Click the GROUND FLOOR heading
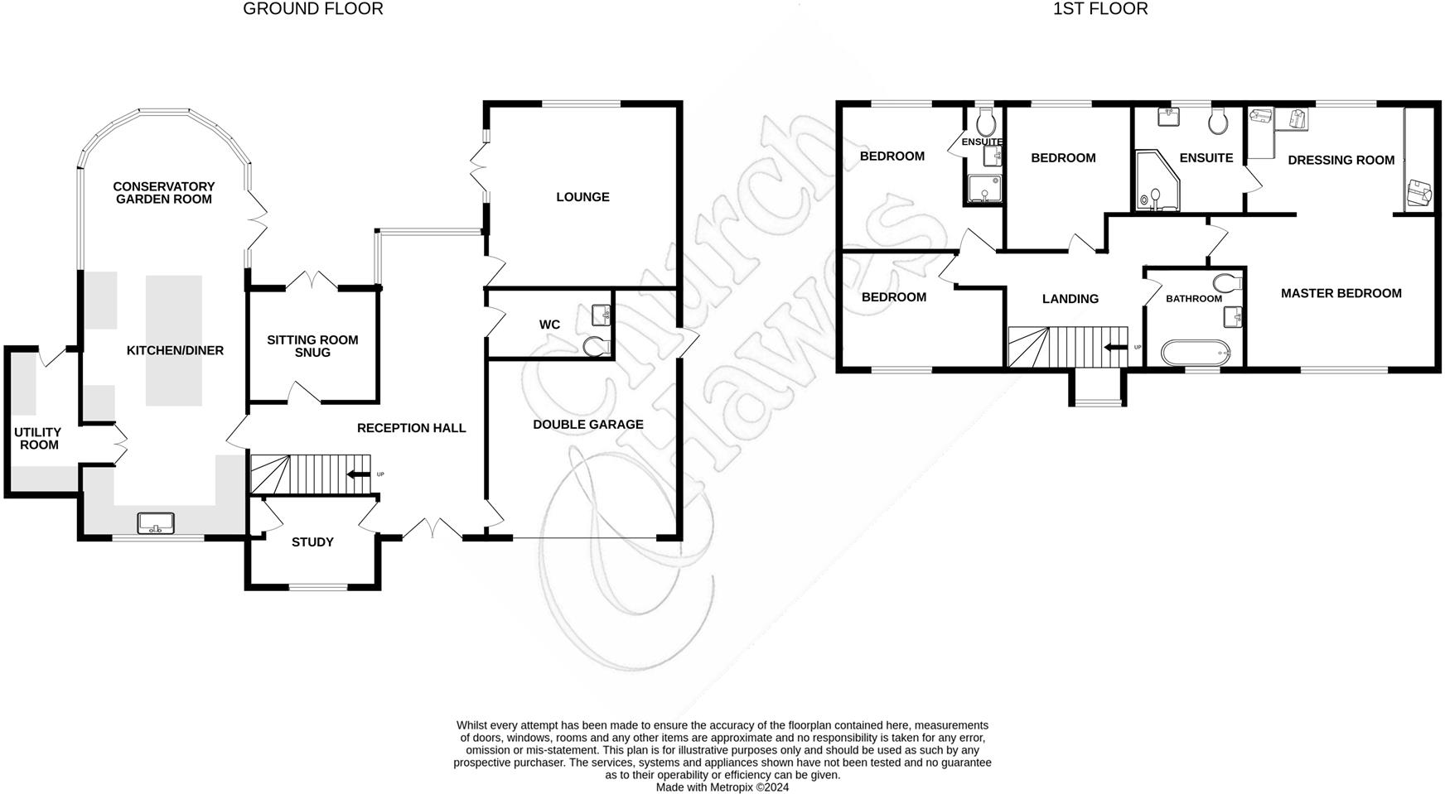(x=312, y=9)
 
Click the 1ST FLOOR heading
(x=1099, y=9)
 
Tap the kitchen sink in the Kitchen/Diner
(x=156, y=523)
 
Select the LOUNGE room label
(x=582, y=197)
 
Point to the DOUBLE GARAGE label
(x=587, y=425)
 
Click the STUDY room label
(x=312, y=542)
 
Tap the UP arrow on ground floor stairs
(x=359, y=474)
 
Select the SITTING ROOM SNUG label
(x=312, y=346)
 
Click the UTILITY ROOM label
(x=38, y=439)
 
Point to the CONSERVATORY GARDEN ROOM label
(x=163, y=193)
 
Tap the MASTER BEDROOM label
(x=1341, y=293)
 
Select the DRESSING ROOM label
(x=1341, y=161)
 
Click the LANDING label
(x=1070, y=299)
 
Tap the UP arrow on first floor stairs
(x=1119, y=348)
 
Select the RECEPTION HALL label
(x=411, y=428)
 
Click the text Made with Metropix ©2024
(x=722, y=787)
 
